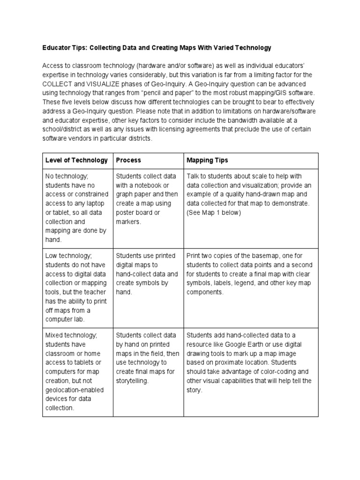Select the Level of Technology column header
point(76,160)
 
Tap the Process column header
point(128,160)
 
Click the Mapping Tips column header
point(207,160)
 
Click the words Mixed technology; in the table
point(71,335)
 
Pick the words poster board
point(134,212)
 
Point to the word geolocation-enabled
point(75,390)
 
